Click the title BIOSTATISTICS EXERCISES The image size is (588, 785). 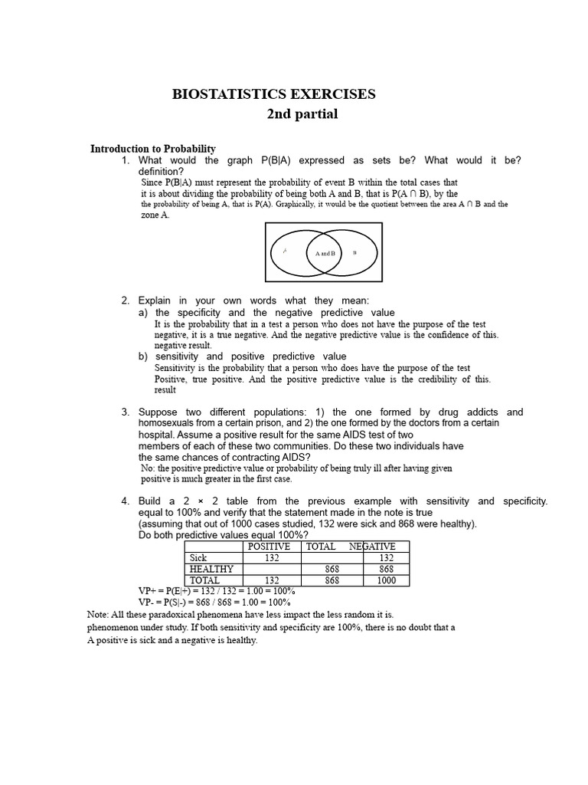[x=274, y=94]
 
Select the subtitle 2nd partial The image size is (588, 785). [x=302, y=115]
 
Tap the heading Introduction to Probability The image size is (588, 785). [x=153, y=149]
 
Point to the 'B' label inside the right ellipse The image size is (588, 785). [x=354, y=252]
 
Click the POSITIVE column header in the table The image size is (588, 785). [x=266, y=547]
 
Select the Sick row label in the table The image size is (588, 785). [x=199, y=558]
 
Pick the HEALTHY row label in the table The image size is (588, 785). [x=211, y=570]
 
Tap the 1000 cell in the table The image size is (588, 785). [x=386, y=581]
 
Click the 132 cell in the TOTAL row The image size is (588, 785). [x=271, y=581]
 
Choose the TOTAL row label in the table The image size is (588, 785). [x=204, y=581]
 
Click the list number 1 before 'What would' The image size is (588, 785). [x=125, y=160]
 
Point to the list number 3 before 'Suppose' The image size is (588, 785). [x=125, y=412]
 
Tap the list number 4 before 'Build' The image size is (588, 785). [x=125, y=501]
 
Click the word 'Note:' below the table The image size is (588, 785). [x=98, y=615]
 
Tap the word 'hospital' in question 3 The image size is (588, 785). [x=156, y=434]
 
